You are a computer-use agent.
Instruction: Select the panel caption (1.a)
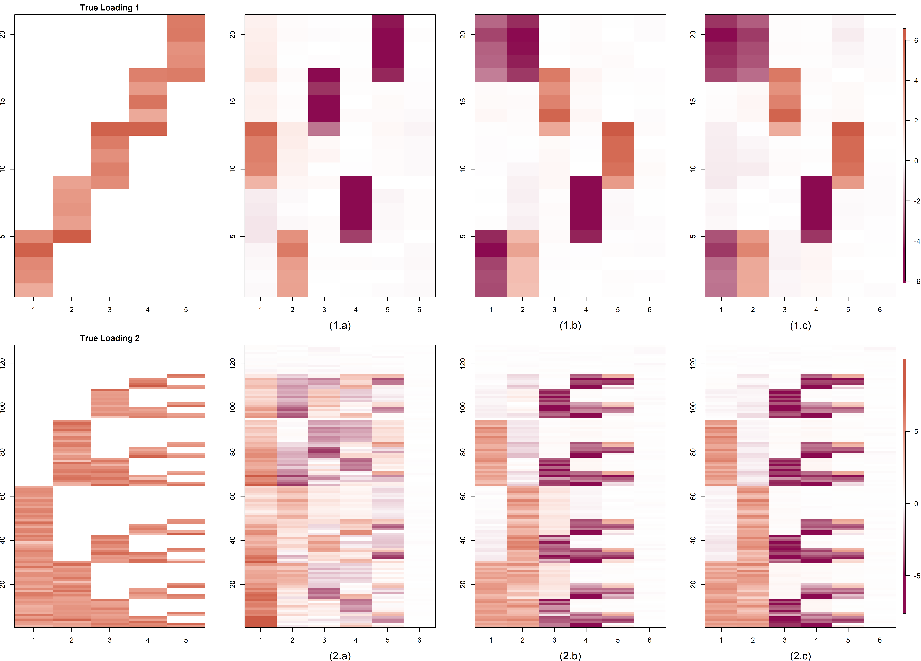(x=340, y=325)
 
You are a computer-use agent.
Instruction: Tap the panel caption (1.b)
(x=570, y=325)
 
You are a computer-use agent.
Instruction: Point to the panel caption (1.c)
(x=800, y=325)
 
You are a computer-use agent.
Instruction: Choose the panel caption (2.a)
(x=340, y=656)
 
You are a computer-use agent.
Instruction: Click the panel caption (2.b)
(x=570, y=656)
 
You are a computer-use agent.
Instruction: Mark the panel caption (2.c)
(x=800, y=656)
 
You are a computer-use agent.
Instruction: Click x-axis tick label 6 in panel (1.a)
(x=419, y=310)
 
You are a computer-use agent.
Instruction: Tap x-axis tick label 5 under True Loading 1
(x=186, y=310)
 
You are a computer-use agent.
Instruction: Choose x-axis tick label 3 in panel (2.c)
(x=785, y=640)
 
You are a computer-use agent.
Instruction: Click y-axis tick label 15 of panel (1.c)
(x=693, y=102)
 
